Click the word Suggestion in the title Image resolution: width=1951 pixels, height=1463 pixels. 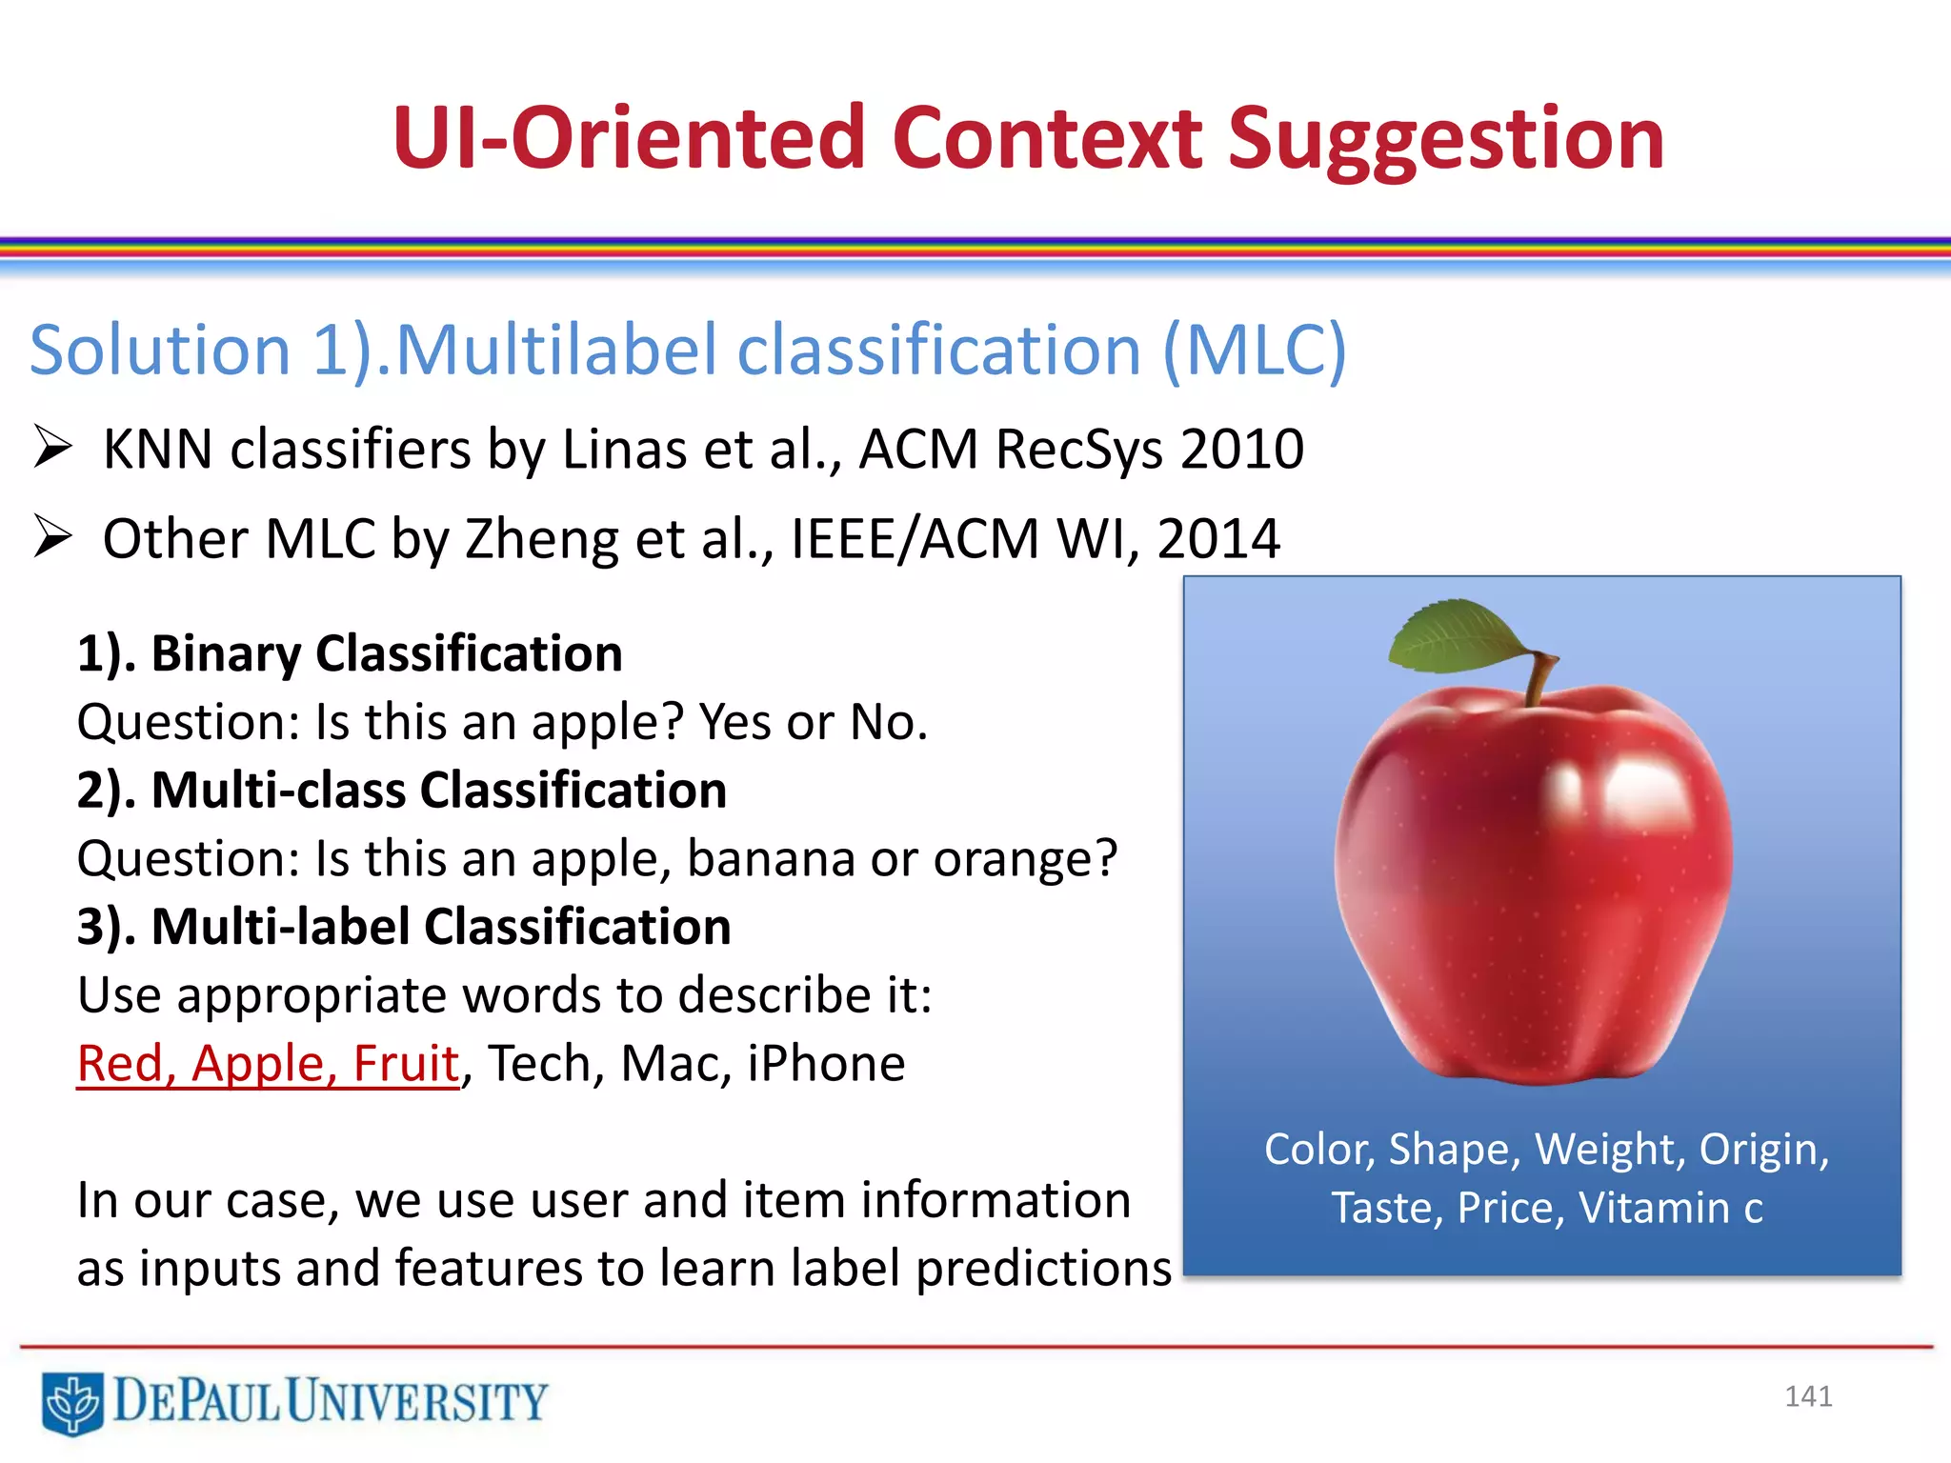(1445, 141)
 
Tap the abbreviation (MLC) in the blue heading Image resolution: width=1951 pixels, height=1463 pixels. (1255, 351)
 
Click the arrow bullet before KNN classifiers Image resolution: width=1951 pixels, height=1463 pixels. (52, 448)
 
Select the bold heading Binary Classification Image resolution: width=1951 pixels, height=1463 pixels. (386, 653)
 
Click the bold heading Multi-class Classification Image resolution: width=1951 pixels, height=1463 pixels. (438, 791)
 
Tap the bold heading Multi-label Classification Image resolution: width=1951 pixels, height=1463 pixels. (440, 927)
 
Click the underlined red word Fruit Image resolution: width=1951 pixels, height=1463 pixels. (406, 1064)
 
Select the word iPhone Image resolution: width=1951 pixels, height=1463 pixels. (825, 1064)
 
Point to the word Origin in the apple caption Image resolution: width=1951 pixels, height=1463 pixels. (1763, 1151)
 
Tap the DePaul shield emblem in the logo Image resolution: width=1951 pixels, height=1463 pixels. (72, 1402)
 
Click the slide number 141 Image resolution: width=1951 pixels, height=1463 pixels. (1807, 1396)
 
